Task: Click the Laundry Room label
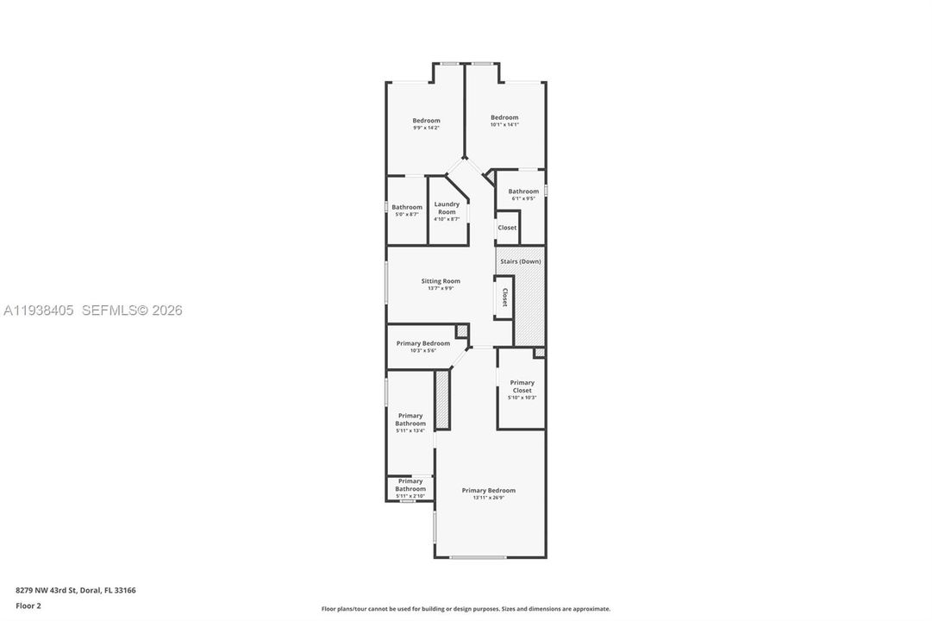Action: pyautogui.click(x=447, y=208)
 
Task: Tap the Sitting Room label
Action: pyautogui.click(x=440, y=281)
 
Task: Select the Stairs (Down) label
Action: pyautogui.click(x=519, y=261)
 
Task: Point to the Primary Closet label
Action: pyautogui.click(x=522, y=386)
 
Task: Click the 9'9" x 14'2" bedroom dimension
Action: pyautogui.click(x=426, y=128)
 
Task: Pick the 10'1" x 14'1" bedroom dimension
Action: pyautogui.click(x=504, y=124)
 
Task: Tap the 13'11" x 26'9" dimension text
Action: pyautogui.click(x=488, y=498)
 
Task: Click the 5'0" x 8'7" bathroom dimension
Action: pyautogui.click(x=407, y=214)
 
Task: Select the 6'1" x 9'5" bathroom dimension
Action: pyautogui.click(x=523, y=198)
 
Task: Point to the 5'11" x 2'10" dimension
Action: pyautogui.click(x=410, y=496)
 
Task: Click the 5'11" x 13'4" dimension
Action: pyautogui.click(x=410, y=430)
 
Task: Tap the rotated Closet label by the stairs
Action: pyautogui.click(x=505, y=298)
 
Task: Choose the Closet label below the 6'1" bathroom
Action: pyautogui.click(x=507, y=228)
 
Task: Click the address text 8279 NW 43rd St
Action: pyautogui.click(x=76, y=591)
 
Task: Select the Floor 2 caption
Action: pyautogui.click(x=28, y=605)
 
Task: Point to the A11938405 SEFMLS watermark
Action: pyautogui.click(x=92, y=310)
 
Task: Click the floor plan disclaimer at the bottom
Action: pyautogui.click(x=466, y=609)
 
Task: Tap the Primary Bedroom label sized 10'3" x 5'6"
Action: pyautogui.click(x=423, y=343)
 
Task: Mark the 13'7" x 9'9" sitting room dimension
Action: pyautogui.click(x=440, y=288)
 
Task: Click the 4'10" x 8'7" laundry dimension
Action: pyautogui.click(x=447, y=219)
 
